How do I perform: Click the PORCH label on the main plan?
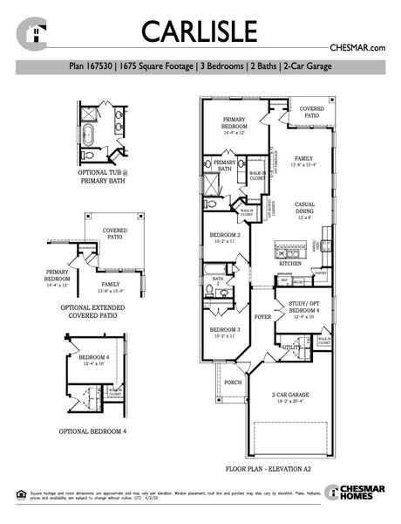pos(233,382)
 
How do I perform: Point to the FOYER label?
pos(262,317)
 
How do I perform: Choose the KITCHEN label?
pos(289,262)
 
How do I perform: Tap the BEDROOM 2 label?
pos(225,237)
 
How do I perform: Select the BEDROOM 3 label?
pos(225,330)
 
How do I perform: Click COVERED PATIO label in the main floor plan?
pos(312,113)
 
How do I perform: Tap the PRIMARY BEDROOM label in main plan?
pos(234,123)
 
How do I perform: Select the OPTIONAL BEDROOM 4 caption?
pos(92,431)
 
